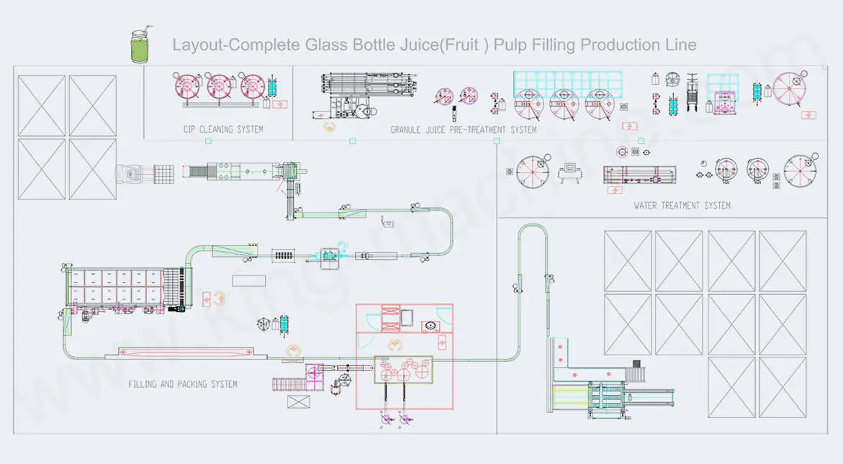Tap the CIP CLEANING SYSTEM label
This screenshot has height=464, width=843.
(222, 129)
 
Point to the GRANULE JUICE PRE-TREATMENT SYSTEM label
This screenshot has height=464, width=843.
(464, 130)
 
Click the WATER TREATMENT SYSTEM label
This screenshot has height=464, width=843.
(682, 206)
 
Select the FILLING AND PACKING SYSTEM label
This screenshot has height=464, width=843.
(183, 384)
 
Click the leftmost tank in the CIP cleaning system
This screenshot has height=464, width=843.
(187, 87)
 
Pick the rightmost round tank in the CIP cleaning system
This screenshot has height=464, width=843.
(253, 87)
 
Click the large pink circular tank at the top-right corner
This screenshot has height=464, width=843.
(789, 88)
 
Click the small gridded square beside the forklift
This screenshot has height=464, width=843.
(165, 173)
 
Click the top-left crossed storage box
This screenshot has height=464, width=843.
(40, 106)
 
